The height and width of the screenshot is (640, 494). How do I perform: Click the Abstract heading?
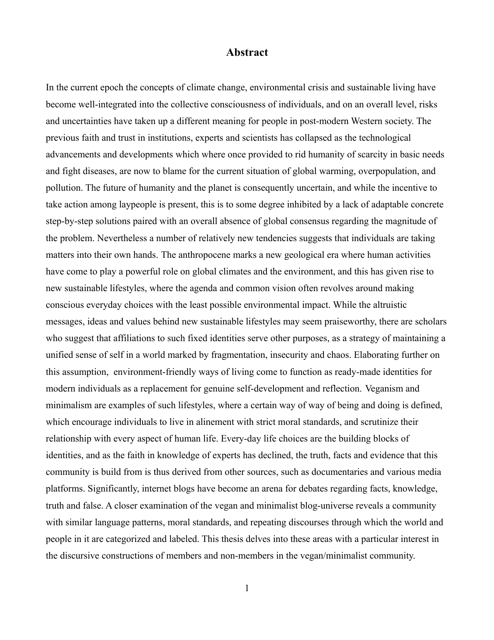[x=247, y=52]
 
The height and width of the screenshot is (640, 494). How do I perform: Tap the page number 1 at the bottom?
[x=247, y=588]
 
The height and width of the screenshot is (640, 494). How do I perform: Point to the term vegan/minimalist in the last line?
[x=331, y=555]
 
